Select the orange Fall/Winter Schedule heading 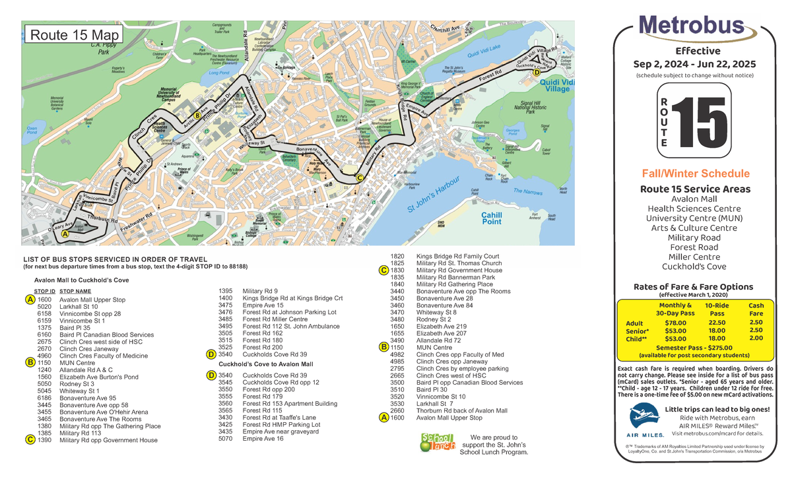click(696, 174)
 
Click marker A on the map click(65, 234)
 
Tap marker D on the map click(537, 73)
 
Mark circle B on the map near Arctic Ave click(197, 117)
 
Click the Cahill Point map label click(491, 218)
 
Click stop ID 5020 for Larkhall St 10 click(45, 307)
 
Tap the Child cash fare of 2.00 click(756, 338)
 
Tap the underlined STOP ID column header click(44, 290)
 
